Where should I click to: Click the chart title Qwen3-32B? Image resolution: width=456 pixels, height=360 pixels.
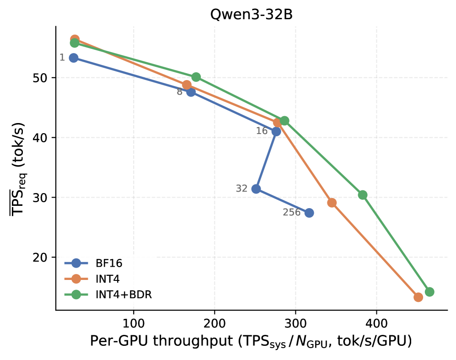click(251, 15)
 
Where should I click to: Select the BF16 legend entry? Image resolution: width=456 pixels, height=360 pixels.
click(93, 263)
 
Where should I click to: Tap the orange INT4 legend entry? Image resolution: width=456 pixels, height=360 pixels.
click(92, 279)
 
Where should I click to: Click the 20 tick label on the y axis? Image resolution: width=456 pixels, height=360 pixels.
click(40, 258)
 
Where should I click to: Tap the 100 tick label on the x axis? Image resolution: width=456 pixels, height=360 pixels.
click(134, 323)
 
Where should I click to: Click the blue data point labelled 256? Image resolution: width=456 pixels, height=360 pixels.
click(309, 213)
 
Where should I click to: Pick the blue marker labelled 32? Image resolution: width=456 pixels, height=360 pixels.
click(256, 189)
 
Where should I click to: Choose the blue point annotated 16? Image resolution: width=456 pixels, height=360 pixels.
click(276, 131)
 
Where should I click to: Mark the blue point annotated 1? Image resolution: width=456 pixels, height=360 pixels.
click(74, 58)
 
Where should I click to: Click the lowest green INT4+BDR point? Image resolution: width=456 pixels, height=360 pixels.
click(429, 292)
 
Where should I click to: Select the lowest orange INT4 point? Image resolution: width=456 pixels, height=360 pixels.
click(418, 297)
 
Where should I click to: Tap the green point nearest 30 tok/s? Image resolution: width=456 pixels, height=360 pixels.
click(362, 195)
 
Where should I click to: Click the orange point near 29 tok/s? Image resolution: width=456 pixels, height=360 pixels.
click(332, 203)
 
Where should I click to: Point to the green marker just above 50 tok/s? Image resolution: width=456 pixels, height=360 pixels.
click(196, 77)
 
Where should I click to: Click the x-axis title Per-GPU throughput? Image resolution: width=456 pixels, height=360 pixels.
click(251, 341)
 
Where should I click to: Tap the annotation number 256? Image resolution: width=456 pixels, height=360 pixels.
click(291, 212)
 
